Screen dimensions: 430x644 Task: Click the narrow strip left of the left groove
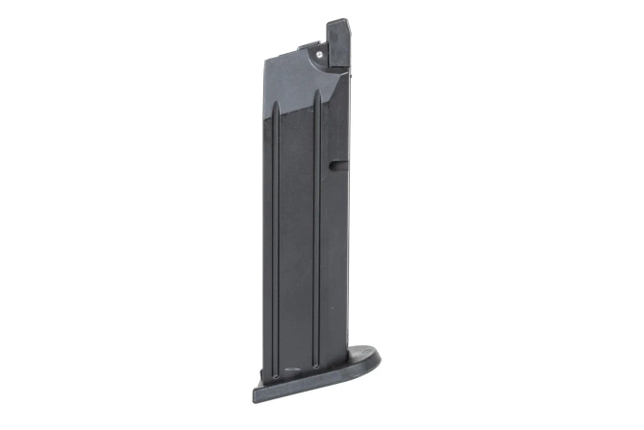[268, 240]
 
